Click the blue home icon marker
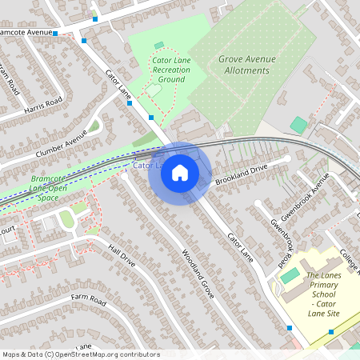tap(180, 172)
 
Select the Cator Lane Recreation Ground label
tap(171, 70)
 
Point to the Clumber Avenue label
tap(60, 144)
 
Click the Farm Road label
tap(88, 300)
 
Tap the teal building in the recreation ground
tap(158, 46)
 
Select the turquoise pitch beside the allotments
tap(298, 125)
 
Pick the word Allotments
tap(246, 70)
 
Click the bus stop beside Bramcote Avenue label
tap(55, 34)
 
